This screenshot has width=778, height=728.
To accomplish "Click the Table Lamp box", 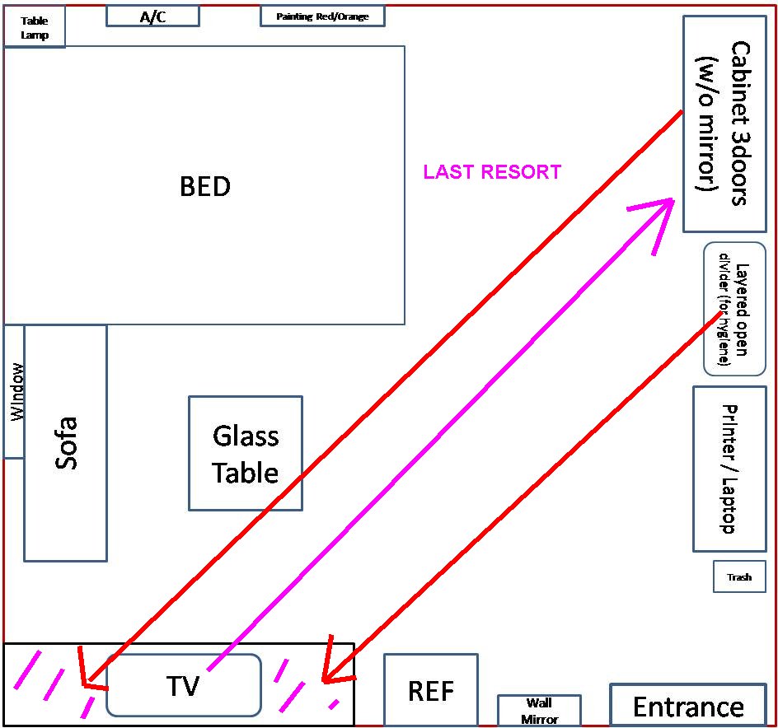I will [35, 28].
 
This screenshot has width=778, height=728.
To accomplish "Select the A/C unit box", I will [152, 16].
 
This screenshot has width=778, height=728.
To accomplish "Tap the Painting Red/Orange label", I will [322, 16].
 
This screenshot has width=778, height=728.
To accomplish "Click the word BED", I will [205, 186].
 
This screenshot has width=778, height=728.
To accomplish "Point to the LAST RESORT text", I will [492, 172].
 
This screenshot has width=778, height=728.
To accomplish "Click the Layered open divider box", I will [734, 308].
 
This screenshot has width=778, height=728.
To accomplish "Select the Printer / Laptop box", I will [729, 469].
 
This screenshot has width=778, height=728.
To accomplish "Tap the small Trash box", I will [739, 576].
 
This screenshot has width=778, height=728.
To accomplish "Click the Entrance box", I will [688, 706].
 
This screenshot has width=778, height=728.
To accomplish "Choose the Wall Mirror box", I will [539, 711].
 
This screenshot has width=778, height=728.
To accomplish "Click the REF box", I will [431, 690].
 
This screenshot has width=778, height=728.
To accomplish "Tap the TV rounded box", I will [184, 684].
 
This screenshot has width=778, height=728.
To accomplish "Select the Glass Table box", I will [246, 453].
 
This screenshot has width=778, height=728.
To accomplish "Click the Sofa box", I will [66, 443].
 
